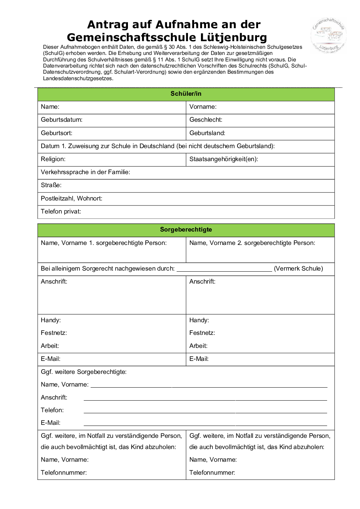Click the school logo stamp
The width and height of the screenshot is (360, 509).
pos(328,36)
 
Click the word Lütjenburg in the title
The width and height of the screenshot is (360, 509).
pos(233,38)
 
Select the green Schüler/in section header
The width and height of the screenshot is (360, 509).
pos(186,94)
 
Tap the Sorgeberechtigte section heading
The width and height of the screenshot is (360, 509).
pos(186,230)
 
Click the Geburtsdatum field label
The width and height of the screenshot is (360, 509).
pos(61,120)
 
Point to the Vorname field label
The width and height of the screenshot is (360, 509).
pos(203,107)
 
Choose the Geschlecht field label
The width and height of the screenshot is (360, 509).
pos(206,120)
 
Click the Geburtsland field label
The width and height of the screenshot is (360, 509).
pos(207,133)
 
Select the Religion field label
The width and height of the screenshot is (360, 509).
pos(53,159)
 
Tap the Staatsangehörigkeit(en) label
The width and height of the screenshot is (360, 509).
pos(223,159)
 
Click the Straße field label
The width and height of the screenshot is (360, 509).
pos(51,185)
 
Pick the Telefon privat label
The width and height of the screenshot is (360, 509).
pos(61,212)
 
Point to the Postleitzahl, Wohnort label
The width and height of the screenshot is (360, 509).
pos(72,199)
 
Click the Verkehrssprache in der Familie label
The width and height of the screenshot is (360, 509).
pos(85,172)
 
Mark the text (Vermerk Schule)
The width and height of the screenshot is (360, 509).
pos(298,269)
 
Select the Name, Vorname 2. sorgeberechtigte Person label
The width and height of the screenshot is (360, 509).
pos(252,243)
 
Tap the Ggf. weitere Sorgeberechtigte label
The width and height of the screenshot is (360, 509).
pos(83,372)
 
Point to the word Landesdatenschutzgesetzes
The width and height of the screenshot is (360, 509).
pos(78,78)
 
